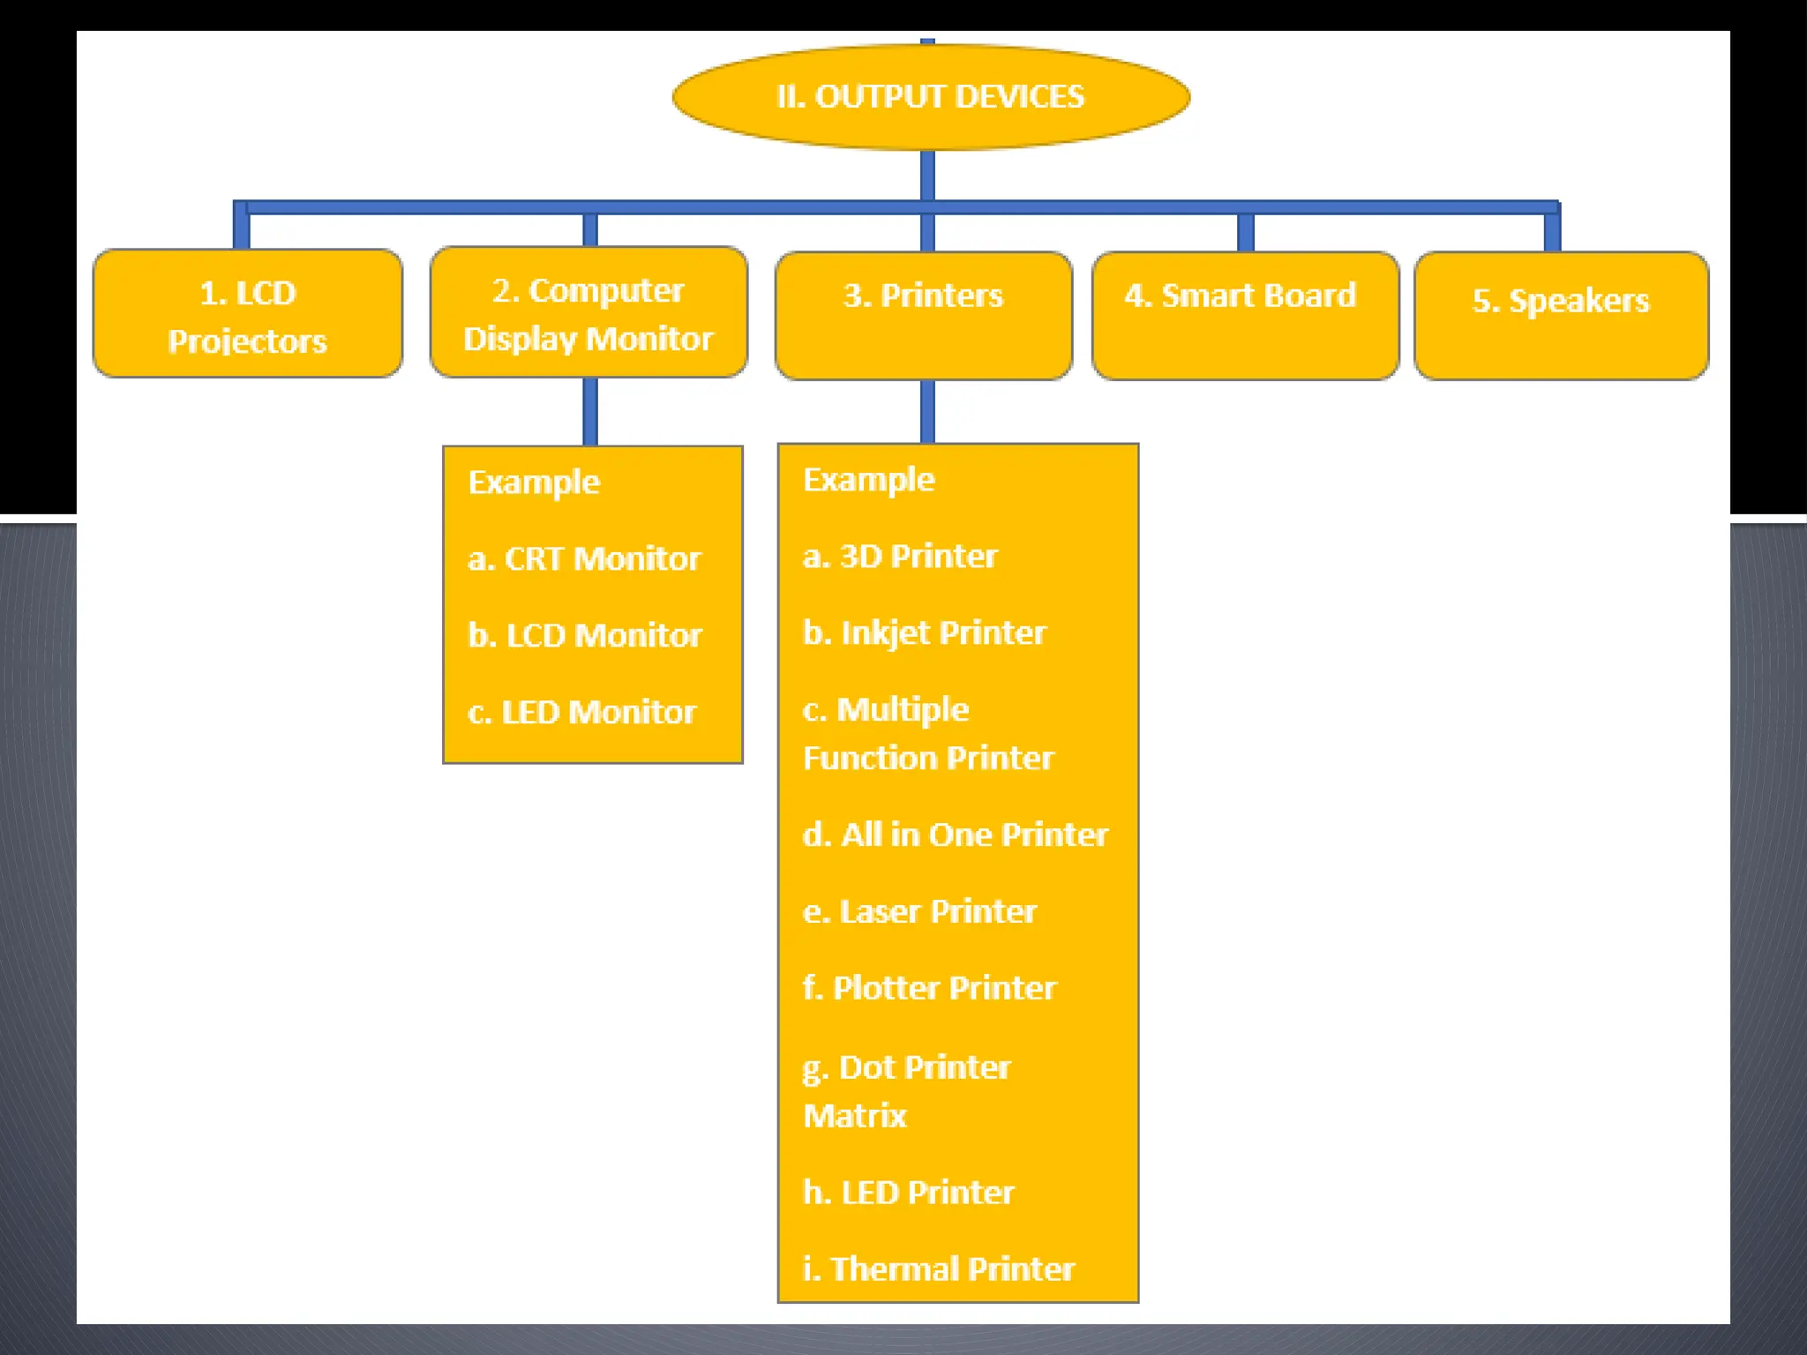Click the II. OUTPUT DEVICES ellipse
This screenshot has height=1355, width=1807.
point(931,97)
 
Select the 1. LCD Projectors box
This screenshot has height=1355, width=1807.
point(248,315)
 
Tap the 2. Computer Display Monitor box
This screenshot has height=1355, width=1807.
point(589,313)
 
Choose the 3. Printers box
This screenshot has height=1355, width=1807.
point(924,315)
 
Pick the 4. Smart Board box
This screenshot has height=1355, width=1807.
point(1245,315)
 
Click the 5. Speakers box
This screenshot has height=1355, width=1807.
point(1561,315)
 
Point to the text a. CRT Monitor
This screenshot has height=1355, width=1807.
point(584,559)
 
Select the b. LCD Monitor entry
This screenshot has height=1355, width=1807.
point(585,636)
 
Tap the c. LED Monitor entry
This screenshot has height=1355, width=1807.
point(582,713)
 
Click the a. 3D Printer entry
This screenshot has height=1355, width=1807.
point(900,557)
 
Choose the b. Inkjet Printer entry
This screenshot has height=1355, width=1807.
point(925,633)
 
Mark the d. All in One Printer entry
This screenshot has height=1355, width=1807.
point(956,835)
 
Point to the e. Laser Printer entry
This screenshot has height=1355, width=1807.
point(920,912)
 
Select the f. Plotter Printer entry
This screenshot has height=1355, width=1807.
point(930,989)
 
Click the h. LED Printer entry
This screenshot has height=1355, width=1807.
point(909,1194)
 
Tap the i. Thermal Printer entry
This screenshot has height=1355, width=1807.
point(939,1270)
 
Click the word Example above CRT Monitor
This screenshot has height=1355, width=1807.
point(535,483)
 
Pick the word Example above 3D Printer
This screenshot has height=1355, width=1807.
point(869,480)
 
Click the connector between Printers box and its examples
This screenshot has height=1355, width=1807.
point(927,412)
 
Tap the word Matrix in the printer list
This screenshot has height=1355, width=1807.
point(855,1117)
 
